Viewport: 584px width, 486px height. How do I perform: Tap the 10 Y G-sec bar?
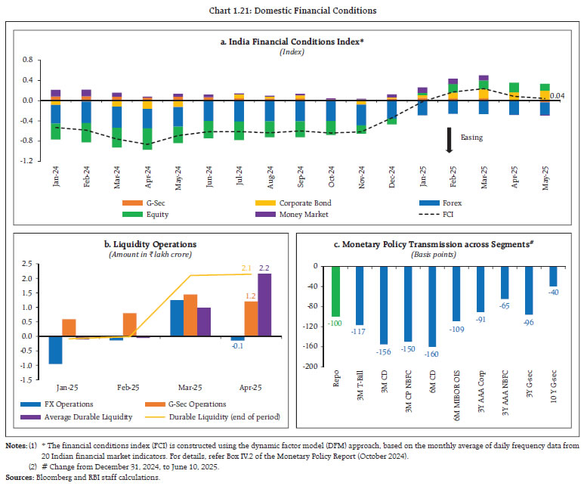pyautogui.click(x=553, y=276)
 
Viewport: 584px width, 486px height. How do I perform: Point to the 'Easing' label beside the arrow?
pyautogui.click(x=472, y=138)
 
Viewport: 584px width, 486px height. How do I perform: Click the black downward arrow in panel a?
pyautogui.click(x=449, y=140)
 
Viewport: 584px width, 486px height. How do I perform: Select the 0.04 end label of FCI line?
pyautogui.click(x=558, y=96)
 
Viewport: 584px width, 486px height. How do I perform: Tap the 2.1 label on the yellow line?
pyautogui.click(x=246, y=268)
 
